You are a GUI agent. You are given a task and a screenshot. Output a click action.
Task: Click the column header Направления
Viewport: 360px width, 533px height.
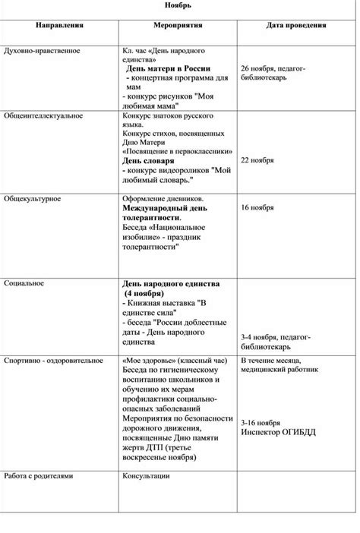(59, 25)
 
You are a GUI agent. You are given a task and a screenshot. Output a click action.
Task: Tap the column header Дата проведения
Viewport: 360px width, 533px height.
(296, 25)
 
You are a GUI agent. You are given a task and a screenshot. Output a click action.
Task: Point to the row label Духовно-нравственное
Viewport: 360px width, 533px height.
(42, 51)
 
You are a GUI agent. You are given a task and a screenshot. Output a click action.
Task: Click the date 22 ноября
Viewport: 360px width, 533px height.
(257, 161)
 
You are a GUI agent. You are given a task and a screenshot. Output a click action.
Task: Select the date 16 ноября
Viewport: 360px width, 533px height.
(257, 207)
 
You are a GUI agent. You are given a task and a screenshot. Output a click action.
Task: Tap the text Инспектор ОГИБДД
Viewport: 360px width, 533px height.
(278, 433)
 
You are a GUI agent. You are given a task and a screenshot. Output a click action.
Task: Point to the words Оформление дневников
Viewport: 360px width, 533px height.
(163, 197)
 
